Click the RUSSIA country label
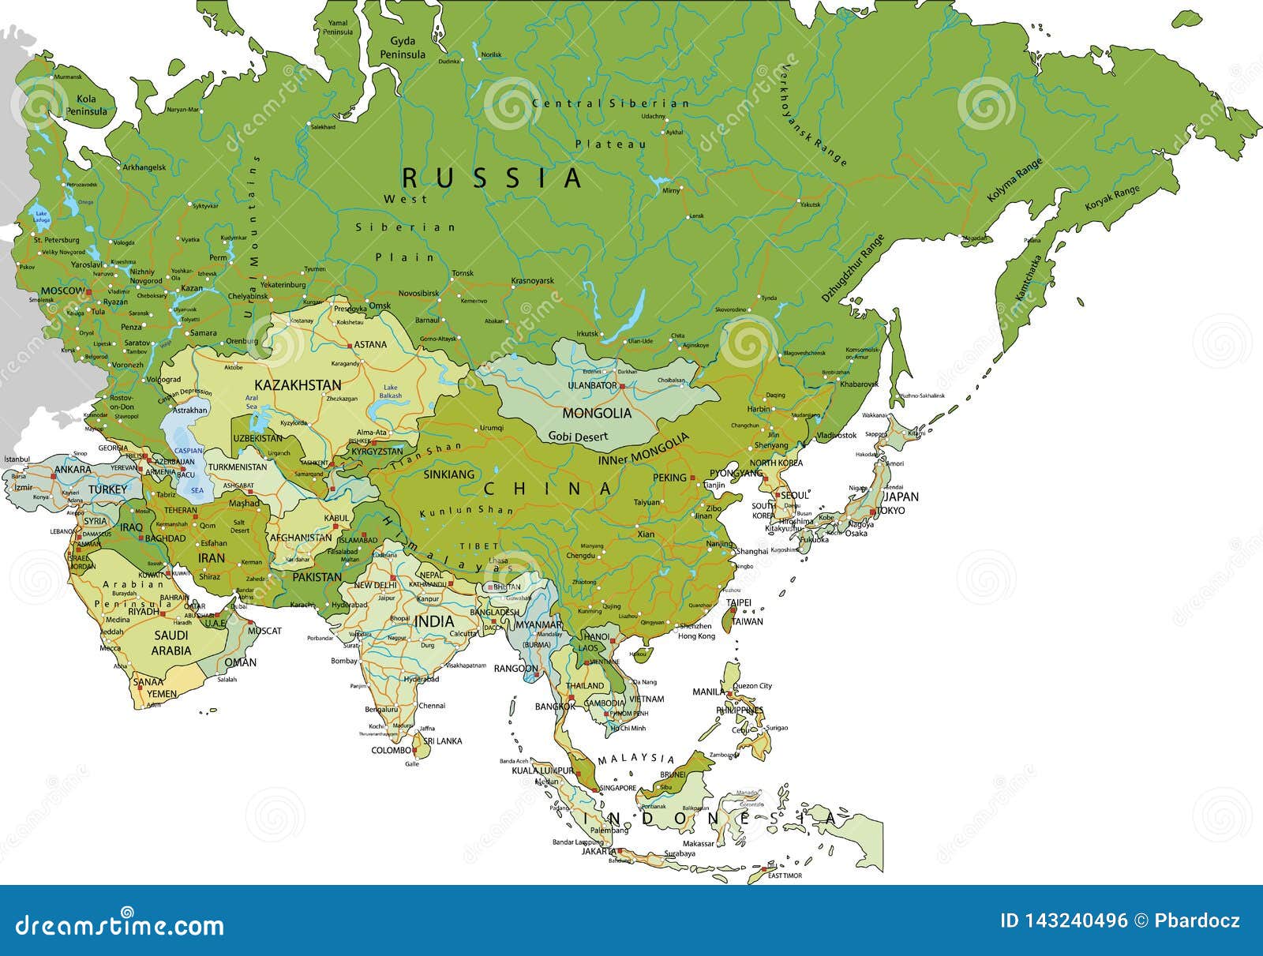(x=493, y=177)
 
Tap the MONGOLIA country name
(x=596, y=413)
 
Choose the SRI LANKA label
(x=442, y=741)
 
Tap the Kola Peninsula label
(x=92, y=105)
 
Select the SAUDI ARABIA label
(x=171, y=643)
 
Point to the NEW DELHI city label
(x=374, y=585)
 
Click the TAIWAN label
(x=747, y=621)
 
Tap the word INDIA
(x=434, y=621)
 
